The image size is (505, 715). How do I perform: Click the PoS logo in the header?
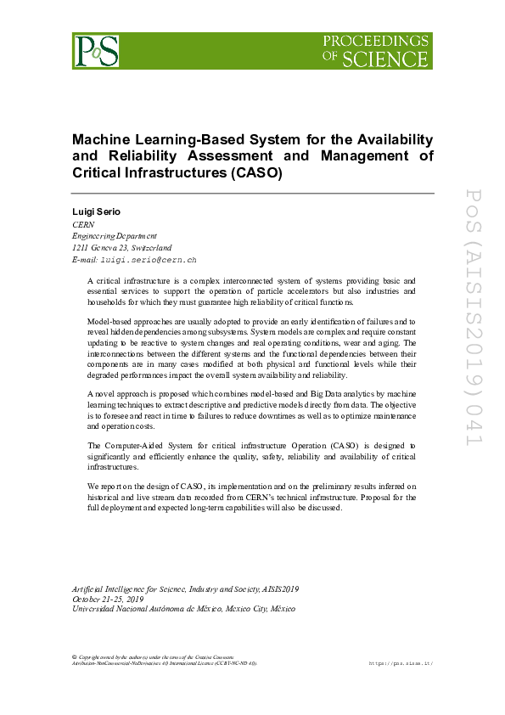pos(95,50)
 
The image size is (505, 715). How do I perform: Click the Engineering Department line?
pos(115,235)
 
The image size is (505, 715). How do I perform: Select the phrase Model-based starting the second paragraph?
pos(111,321)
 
